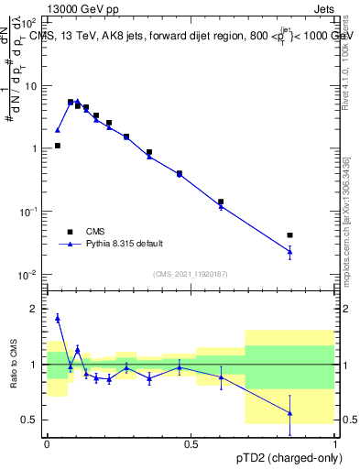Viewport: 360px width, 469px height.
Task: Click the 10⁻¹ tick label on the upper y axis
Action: [30, 212]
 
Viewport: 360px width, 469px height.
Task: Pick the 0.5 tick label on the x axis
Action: [191, 443]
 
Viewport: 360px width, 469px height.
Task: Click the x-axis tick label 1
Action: [335, 443]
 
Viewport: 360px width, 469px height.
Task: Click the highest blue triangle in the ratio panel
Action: [58, 318]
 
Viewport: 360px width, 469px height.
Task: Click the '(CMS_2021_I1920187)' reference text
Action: [191, 274]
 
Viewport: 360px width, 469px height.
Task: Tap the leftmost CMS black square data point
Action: [58, 146]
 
